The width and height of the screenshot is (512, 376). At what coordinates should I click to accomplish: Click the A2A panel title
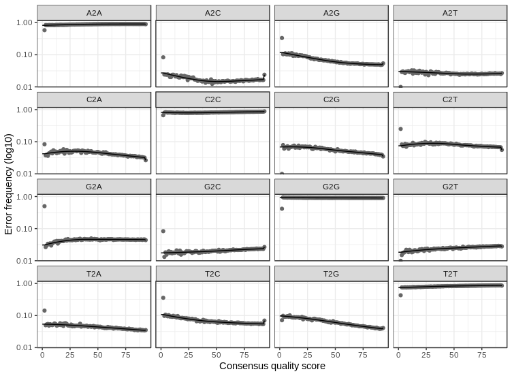(x=95, y=13)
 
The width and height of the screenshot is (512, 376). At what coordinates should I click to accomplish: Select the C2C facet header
(x=213, y=99)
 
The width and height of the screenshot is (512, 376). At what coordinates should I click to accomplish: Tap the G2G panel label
(x=332, y=187)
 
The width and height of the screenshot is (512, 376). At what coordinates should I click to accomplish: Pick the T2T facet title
(x=450, y=273)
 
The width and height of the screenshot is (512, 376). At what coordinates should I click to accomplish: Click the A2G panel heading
(x=332, y=13)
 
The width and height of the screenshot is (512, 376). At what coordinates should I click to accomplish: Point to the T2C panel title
(x=213, y=273)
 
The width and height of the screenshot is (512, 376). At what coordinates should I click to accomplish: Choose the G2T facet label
(x=450, y=187)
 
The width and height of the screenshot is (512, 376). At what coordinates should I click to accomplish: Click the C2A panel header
(x=95, y=99)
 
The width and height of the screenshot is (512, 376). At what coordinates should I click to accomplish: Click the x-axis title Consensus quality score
(x=272, y=366)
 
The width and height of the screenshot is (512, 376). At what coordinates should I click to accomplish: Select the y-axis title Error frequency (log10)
(x=9, y=185)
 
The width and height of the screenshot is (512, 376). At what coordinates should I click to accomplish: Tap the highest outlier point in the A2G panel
(x=281, y=38)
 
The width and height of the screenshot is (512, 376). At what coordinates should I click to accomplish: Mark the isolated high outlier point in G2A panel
(x=44, y=206)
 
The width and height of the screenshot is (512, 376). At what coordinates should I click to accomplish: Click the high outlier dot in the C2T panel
(x=400, y=129)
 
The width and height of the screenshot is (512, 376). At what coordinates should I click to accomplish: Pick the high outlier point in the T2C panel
(x=163, y=298)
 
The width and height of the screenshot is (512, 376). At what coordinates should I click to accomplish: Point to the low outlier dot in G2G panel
(x=281, y=208)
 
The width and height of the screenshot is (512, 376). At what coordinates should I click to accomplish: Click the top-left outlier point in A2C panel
(x=163, y=57)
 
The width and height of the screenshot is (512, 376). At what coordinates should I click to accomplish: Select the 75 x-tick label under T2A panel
(x=126, y=355)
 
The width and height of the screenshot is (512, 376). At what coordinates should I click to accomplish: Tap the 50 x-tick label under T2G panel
(x=334, y=355)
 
